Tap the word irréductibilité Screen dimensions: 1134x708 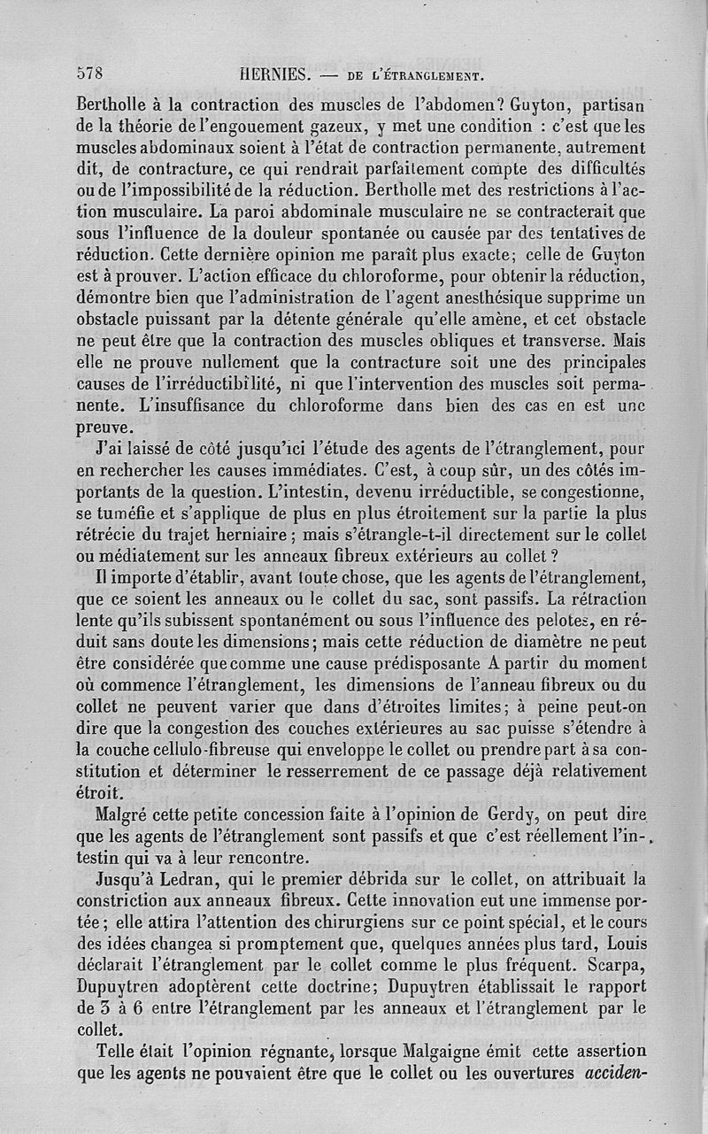point(212,383)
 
